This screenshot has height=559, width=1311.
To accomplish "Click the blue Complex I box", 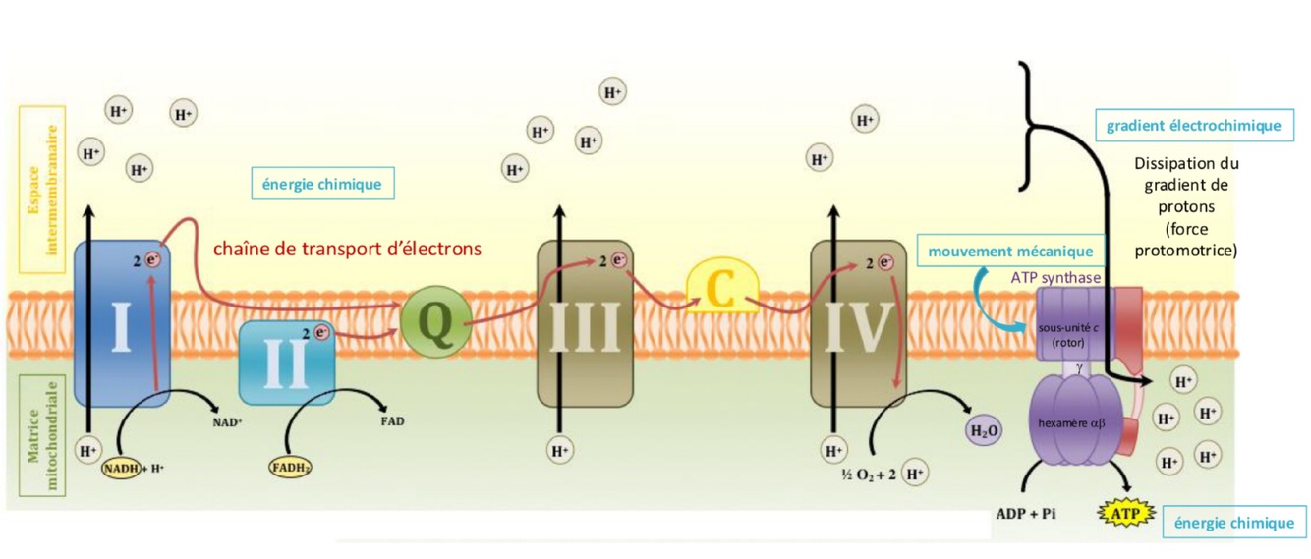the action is coord(122,324).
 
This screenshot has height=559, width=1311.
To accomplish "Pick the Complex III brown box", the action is coord(584,324).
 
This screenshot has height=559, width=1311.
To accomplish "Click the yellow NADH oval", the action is coord(122,469).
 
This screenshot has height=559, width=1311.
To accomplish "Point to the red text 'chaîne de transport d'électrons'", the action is coord(348,249).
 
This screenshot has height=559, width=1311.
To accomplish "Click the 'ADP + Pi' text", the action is coord(1028,514).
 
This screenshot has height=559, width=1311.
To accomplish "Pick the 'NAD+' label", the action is coord(227,422).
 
